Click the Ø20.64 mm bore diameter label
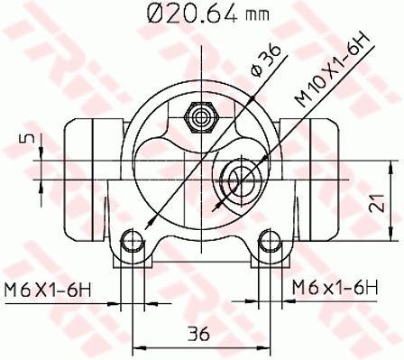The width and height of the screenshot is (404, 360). pyautogui.click(x=207, y=14)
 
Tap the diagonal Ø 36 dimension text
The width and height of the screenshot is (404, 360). pyautogui.click(x=266, y=60)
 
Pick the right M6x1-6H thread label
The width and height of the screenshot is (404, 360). pyautogui.click(x=335, y=288)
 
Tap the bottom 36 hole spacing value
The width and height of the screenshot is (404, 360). pyautogui.click(x=198, y=333)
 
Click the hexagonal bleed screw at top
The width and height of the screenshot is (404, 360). pyautogui.click(x=200, y=117)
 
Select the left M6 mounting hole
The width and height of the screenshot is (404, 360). pyautogui.click(x=132, y=241)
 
